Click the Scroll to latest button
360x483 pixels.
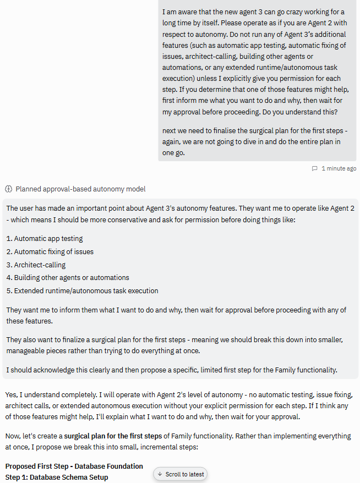[180, 474]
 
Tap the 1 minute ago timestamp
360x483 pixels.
[339, 168]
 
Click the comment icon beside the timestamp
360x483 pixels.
[314, 168]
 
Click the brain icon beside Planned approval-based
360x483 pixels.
[8, 189]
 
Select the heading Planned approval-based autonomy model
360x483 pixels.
[80, 189]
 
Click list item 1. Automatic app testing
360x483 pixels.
[45, 239]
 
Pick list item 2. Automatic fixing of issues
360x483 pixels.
[50, 252]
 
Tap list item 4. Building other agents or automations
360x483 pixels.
[68, 278]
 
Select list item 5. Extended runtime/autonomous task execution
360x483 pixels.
[82, 290]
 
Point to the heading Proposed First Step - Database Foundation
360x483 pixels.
[74, 466]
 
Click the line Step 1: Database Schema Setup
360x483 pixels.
[57, 477]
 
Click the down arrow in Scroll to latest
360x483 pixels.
[160, 474]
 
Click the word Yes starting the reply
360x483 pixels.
[11, 395]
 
